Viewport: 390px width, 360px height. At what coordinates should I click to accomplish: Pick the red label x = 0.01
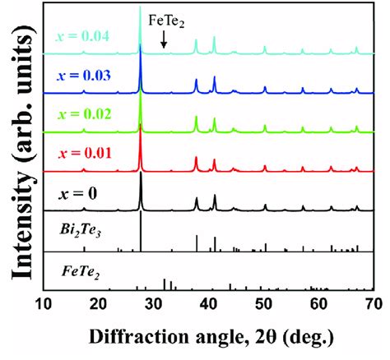point(84,153)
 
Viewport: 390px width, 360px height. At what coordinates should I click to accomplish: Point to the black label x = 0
point(78,194)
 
